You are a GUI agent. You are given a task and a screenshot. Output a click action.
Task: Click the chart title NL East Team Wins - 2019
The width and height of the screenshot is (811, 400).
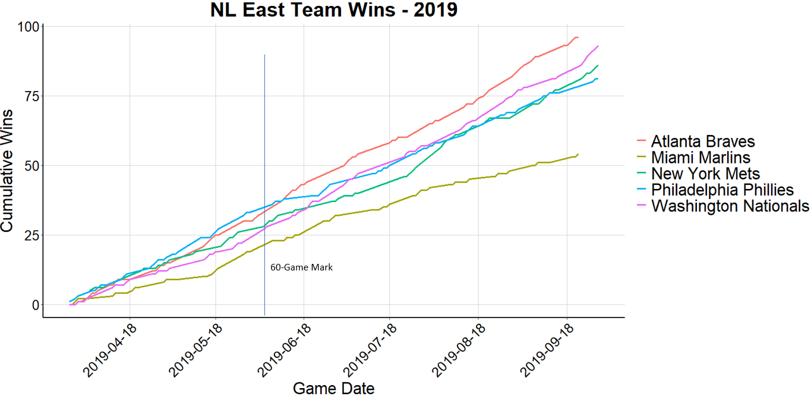pos(333,10)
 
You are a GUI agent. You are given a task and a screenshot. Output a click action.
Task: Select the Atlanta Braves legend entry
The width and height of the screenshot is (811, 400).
pos(702,141)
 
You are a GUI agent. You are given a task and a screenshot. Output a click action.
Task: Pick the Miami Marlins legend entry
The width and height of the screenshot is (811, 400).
pos(700,158)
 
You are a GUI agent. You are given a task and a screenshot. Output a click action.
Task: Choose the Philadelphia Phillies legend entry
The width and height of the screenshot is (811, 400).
pos(722,190)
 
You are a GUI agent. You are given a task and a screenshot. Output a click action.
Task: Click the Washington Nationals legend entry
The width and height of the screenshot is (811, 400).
pos(730,206)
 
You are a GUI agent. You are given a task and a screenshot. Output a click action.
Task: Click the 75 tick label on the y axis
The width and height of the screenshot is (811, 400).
pos(31,96)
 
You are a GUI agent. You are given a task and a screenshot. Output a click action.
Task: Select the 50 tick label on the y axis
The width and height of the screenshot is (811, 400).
pos(31,165)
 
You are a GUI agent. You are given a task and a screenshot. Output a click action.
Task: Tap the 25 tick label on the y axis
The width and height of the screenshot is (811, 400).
pos(31,235)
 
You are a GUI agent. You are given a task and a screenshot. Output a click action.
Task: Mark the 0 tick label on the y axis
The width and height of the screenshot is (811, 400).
pos(36,304)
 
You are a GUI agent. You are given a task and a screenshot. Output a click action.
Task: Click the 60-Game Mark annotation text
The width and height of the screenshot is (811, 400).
pos(301,267)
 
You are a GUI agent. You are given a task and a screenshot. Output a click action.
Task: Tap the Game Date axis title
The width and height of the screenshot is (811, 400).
pos(333,389)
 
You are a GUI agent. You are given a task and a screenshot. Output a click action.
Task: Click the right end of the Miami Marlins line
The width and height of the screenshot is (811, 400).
pos(578,154)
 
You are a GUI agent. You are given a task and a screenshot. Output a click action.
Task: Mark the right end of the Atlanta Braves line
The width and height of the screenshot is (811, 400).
pos(577,37)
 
